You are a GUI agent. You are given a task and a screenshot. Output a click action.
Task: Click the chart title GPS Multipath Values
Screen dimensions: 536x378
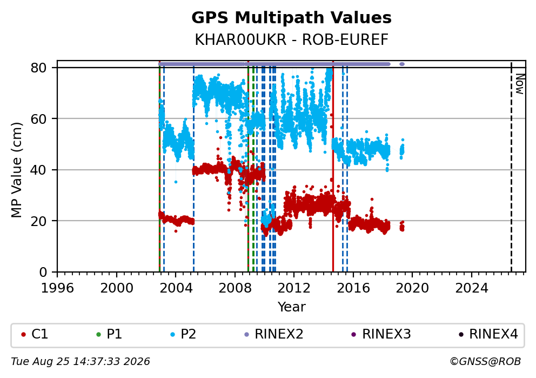[x=291, y=18]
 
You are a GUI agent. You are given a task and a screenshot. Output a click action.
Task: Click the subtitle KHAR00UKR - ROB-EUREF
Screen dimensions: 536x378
[x=291, y=39]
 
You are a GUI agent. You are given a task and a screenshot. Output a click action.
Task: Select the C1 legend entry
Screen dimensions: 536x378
[x=35, y=334]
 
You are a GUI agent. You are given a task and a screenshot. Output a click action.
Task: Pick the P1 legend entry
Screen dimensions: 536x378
[x=109, y=334]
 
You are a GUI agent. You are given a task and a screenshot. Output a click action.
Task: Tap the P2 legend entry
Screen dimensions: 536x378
[x=183, y=334]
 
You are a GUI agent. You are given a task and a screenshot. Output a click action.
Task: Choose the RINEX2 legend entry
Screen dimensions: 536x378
[x=274, y=334]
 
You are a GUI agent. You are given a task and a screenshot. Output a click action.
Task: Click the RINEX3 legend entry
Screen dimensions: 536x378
[x=381, y=334]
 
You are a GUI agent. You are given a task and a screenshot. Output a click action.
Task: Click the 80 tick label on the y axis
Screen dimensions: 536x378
[x=38, y=68]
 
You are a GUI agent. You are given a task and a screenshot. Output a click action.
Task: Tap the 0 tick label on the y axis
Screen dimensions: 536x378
[x=43, y=273]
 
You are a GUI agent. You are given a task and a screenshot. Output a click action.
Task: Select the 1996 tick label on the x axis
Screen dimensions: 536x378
[x=57, y=288]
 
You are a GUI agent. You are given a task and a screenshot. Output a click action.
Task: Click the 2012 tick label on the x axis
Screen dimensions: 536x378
[x=293, y=288]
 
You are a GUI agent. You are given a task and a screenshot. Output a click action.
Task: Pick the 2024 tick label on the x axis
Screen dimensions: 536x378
[x=471, y=288]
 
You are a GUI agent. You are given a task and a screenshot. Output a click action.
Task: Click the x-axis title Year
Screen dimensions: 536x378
[x=291, y=307]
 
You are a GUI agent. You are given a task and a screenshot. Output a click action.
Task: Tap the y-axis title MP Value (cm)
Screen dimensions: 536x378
[x=16, y=170]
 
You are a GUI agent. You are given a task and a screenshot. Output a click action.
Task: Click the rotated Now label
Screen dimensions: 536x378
[x=520, y=84]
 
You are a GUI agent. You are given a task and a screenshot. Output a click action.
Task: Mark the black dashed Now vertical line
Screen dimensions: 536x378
[x=511, y=167]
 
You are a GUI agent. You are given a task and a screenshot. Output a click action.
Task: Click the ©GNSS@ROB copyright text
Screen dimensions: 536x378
[x=485, y=362]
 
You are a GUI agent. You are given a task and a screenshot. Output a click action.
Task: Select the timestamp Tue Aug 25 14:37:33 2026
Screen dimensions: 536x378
[x=81, y=362]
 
